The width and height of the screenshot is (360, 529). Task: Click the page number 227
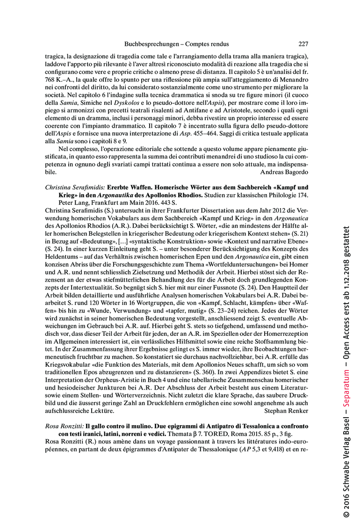tap(303, 44)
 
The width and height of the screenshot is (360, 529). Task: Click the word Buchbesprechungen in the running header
tap(152, 44)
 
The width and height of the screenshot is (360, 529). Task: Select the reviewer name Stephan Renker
tap(286, 411)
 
